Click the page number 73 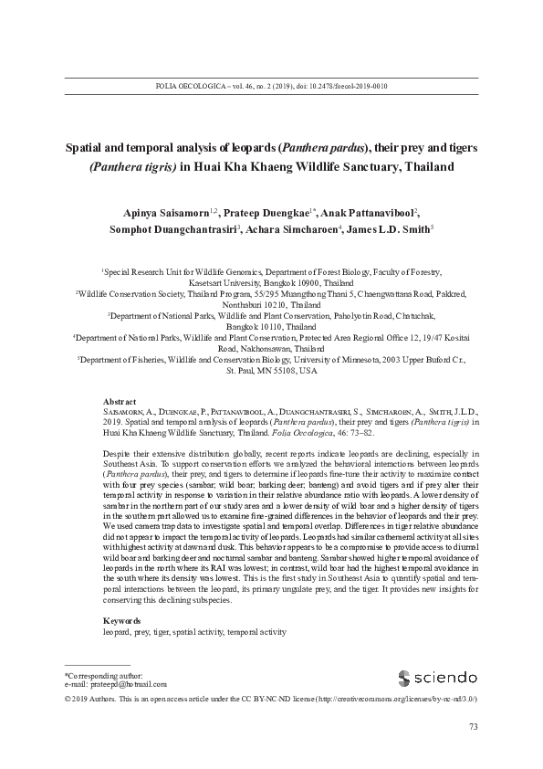(x=473, y=727)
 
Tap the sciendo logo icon (x=404, y=678)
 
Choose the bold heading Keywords (x=123, y=594)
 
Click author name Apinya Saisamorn (x=160, y=209)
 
